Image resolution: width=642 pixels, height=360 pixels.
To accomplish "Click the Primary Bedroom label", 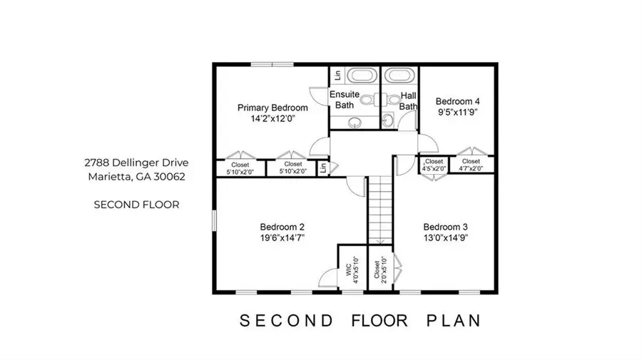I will pos(272,108).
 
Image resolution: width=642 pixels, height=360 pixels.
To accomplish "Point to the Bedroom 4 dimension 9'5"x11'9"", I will pos(458,113).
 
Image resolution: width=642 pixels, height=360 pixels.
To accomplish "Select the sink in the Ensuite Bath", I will pos(355,122).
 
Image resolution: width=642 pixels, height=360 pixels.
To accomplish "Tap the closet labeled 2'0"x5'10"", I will pos(379,269).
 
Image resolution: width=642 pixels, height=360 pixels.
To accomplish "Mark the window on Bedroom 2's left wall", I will pos(214,220).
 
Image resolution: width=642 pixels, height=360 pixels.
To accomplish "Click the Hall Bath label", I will pos(408,101).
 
